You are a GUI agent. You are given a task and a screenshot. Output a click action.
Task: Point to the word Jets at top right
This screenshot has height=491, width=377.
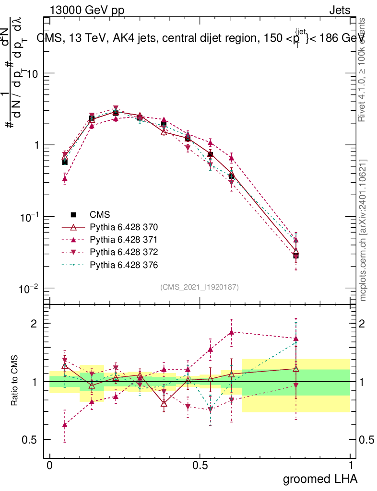pos(339,11)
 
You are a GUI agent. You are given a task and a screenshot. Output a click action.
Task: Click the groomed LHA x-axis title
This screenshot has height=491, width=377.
pos(320,479)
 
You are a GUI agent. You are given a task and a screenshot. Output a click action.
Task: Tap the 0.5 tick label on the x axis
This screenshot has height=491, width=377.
pos(200,466)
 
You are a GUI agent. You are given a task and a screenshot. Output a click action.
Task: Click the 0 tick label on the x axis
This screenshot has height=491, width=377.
pos(49,466)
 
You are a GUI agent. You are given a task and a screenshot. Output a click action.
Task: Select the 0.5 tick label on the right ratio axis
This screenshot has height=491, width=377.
pos(367,440)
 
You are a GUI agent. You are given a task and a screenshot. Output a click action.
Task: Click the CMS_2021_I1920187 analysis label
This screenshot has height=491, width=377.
pos(200,287)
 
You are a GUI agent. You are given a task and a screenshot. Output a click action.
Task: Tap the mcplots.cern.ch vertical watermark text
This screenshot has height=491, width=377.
pos(363,230)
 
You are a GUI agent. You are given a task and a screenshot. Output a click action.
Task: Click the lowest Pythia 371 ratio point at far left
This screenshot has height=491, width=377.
pos(65,425)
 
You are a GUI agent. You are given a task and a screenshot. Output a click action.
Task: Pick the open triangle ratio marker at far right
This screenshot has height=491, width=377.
pos(296,369)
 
